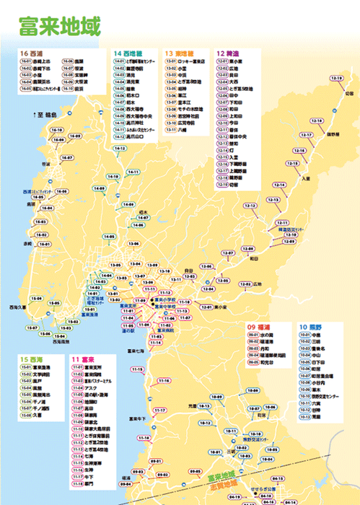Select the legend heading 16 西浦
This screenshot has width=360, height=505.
tap(33, 54)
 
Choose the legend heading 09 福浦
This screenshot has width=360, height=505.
tap(261, 326)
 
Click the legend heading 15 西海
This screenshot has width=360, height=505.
tap(33, 359)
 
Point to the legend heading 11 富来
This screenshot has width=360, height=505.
tap(84, 359)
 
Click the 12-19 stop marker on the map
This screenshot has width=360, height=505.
tap(336, 78)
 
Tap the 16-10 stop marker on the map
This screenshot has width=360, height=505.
tap(57, 131)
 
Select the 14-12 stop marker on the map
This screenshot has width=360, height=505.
tap(120, 149)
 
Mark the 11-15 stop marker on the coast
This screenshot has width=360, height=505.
tap(137, 369)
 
